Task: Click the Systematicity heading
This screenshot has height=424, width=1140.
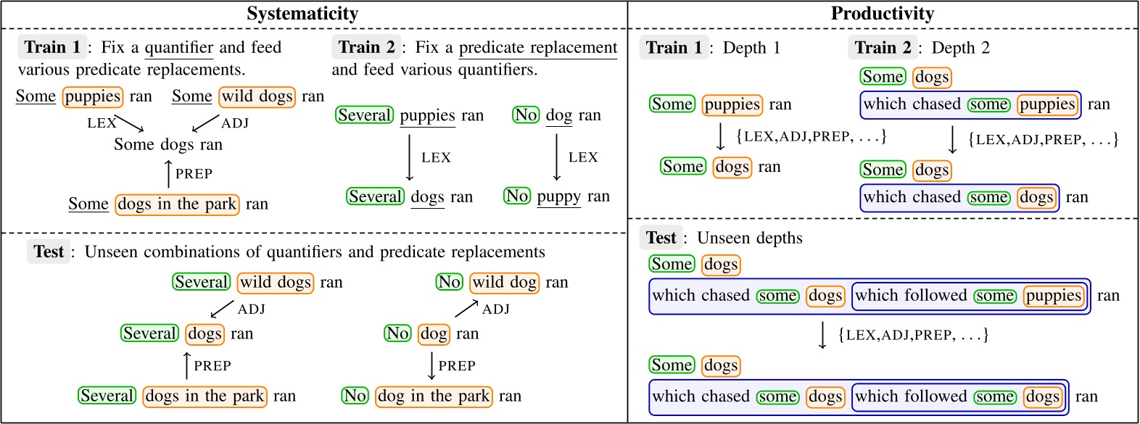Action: [302, 14]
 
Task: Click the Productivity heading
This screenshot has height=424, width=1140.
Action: [882, 14]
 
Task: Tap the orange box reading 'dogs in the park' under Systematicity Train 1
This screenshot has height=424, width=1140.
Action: [177, 204]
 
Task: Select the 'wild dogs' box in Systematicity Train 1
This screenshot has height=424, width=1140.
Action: [257, 96]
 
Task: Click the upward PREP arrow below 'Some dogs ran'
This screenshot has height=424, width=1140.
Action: [169, 174]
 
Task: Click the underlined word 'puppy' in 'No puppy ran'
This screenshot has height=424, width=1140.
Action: [558, 196]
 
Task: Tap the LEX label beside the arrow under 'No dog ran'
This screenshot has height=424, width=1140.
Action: [583, 157]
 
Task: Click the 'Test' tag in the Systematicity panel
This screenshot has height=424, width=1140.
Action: [49, 252]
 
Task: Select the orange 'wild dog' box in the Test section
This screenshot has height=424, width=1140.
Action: [505, 282]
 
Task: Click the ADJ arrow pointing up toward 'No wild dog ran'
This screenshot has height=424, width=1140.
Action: [466, 309]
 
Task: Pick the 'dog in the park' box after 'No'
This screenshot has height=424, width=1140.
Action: [434, 396]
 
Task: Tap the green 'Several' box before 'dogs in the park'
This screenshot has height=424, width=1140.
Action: [107, 396]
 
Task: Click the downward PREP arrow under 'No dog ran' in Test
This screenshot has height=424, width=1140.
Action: [431, 365]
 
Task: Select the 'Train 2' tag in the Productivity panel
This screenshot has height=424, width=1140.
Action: [882, 48]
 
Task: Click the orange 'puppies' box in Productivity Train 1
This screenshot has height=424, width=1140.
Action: [732, 104]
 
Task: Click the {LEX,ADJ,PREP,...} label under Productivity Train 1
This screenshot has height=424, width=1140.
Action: [811, 136]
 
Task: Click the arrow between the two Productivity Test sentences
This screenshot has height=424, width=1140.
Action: [822, 335]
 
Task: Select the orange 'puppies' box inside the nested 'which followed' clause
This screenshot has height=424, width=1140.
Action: [1053, 296]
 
